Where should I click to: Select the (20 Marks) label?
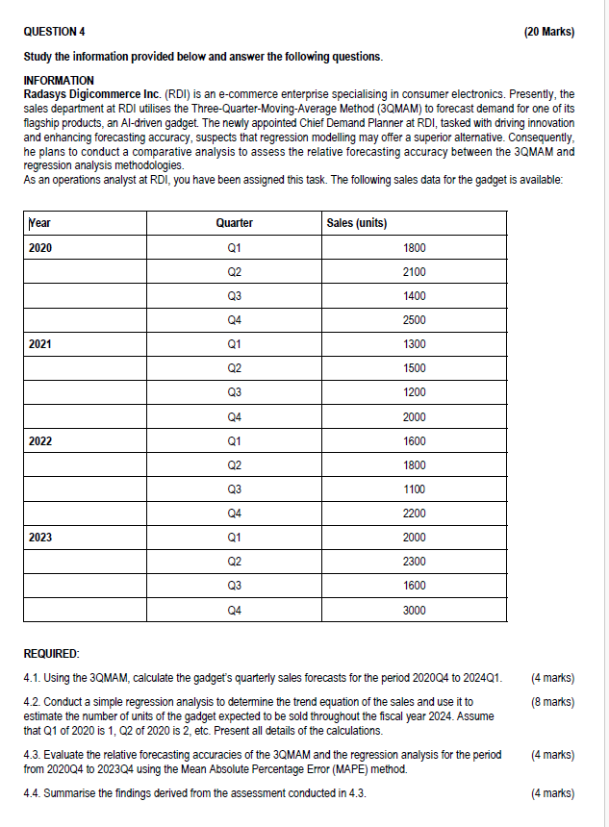pos(549,31)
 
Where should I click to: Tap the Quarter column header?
pos(235,223)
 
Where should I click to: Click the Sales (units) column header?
pos(357,223)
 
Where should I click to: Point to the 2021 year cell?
pos(40,344)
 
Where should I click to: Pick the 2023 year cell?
pos(40,538)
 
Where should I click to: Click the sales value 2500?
pos(415,320)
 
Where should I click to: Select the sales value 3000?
pos(415,611)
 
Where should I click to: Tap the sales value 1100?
pos(415,489)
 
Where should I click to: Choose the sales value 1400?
pos(415,296)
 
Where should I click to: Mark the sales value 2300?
pos(415,562)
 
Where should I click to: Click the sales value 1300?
pos(415,344)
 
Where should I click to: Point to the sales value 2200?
pos(415,514)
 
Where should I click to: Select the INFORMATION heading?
pos(59,80)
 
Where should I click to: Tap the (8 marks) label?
pos(552,701)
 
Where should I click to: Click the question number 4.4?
pos(32,793)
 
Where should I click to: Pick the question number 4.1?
pos(32,677)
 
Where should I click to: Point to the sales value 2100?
pos(415,272)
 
